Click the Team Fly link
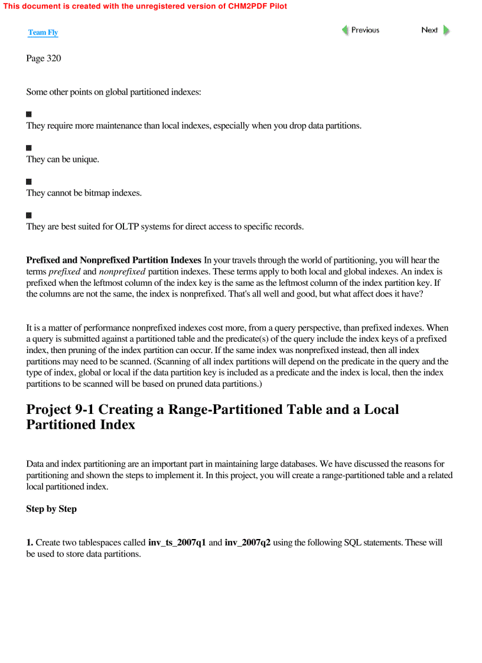click(x=43, y=32)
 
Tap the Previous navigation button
click(x=360, y=30)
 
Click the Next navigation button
click(x=435, y=30)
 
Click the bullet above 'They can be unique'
click(x=29, y=148)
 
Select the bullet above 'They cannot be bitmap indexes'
click(x=29, y=181)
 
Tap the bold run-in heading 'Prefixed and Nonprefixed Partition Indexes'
click(x=113, y=260)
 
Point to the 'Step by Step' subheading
click(x=51, y=509)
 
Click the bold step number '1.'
click(x=30, y=543)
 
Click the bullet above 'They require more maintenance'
click(x=29, y=114)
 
